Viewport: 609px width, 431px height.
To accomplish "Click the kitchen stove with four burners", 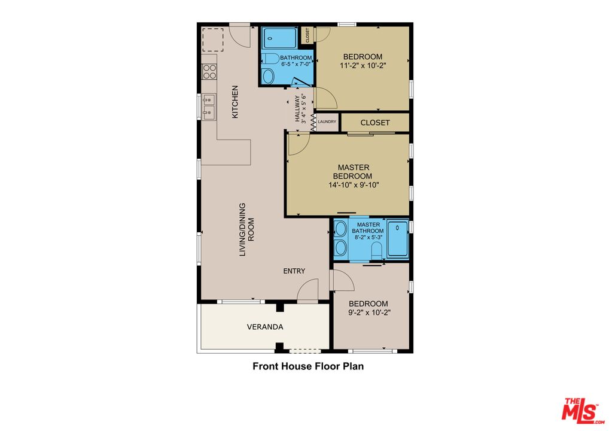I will pyautogui.click(x=209, y=72).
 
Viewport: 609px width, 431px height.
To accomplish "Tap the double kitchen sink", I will pyautogui.click(x=209, y=106).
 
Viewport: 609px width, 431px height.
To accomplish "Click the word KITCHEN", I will pyautogui.click(x=235, y=102).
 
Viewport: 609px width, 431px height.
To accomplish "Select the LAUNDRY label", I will pyautogui.click(x=327, y=122).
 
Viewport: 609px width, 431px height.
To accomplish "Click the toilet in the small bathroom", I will pyautogui.click(x=269, y=75).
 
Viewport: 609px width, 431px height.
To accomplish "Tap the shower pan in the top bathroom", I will pyautogui.click(x=279, y=38).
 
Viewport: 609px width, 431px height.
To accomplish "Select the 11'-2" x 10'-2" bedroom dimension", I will pyautogui.click(x=363, y=66).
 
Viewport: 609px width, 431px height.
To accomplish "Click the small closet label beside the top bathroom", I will pyautogui.click(x=307, y=35).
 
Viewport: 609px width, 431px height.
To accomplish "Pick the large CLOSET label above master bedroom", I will pyautogui.click(x=375, y=123).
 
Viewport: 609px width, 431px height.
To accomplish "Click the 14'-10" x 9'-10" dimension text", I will pyautogui.click(x=354, y=185).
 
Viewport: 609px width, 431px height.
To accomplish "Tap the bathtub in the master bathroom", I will pyautogui.click(x=398, y=239).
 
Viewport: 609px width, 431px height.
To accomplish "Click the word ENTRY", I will pyautogui.click(x=294, y=271).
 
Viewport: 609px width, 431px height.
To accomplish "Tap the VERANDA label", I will pyautogui.click(x=264, y=327).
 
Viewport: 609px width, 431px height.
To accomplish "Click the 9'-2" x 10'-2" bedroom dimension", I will pyautogui.click(x=369, y=312).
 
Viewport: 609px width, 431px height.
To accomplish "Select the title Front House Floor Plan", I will pyautogui.click(x=307, y=366).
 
